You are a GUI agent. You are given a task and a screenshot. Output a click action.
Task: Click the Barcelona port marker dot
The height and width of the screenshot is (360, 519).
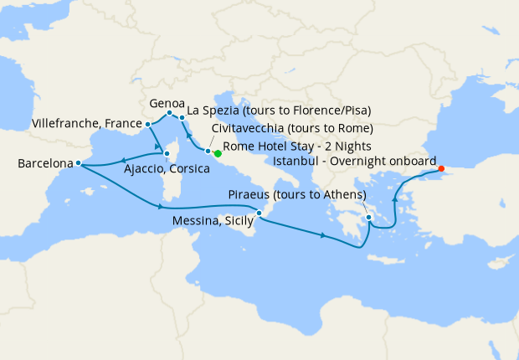pos(78,163)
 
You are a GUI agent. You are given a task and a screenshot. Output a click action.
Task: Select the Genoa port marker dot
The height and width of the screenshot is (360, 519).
pos(169,113)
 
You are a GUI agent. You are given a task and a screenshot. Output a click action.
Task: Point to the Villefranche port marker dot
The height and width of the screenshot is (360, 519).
pos(148,124)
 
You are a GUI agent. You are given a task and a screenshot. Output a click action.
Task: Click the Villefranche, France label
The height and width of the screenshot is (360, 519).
pos(85,123)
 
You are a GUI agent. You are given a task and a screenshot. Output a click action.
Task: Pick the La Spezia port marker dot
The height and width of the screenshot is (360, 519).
pos(182,118)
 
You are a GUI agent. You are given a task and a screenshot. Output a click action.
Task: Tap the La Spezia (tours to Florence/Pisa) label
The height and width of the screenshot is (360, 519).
pos(280,110)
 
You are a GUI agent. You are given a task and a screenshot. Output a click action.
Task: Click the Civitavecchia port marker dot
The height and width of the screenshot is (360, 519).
pos(208,151)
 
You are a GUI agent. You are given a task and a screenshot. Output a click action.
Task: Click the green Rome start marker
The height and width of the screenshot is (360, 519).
pos(217,153)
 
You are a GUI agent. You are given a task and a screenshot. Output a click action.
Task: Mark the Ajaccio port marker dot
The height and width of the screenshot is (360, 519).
pos(167,154)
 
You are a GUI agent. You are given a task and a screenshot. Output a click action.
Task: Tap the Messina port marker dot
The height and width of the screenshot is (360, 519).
pos(259,213)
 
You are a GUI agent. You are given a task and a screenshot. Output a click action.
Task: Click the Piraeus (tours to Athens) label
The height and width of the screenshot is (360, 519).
pos(297,194)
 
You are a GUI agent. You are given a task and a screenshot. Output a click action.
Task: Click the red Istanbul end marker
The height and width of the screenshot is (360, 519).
pos(441,168)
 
